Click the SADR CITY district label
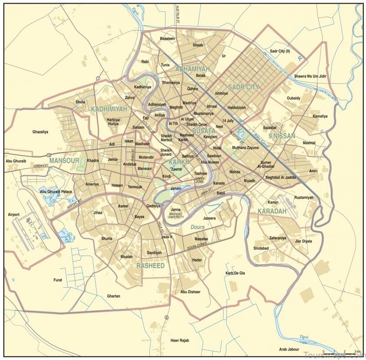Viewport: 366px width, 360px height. pyautogui.click(x=243, y=87)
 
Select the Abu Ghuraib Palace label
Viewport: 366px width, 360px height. pyautogui.click(x=56, y=191)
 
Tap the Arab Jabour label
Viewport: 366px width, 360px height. pyautogui.click(x=290, y=349)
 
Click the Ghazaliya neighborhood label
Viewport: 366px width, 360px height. pyautogui.click(x=40, y=132)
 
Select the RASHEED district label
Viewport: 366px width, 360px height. pyautogui.click(x=151, y=266)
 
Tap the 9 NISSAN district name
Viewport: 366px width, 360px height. pyautogui.click(x=282, y=136)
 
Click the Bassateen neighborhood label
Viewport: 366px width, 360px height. pyautogui.click(x=167, y=38)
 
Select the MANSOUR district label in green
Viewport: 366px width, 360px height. pyautogui.click(x=65, y=160)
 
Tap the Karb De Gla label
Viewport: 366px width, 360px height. pyautogui.click(x=236, y=273)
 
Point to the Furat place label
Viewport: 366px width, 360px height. pyautogui.click(x=58, y=280)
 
